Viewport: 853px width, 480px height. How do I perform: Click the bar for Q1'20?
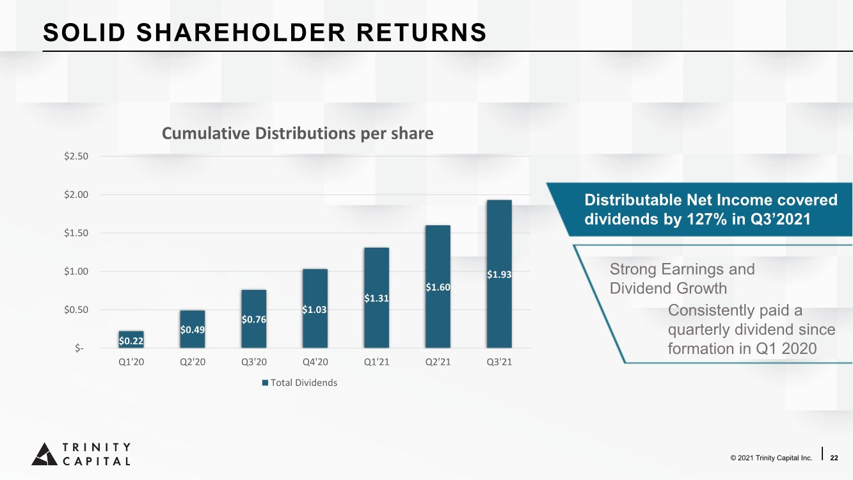(x=131, y=339)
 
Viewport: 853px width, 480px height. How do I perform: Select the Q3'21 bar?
(x=499, y=274)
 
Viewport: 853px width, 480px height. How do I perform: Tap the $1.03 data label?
(x=315, y=310)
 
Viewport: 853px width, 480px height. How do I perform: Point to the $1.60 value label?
(x=438, y=287)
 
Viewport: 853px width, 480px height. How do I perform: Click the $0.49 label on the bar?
(x=193, y=330)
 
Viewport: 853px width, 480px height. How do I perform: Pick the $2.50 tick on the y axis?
(x=76, y=156)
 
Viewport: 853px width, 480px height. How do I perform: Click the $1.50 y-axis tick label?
(x=76, y=233)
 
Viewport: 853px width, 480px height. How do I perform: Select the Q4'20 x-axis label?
(x=315, y=362)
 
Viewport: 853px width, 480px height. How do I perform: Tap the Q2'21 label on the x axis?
(x=438, y=362)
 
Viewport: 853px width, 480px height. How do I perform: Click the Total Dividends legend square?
(x=265, y=383)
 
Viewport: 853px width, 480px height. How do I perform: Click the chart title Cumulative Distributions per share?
(x=298, y=134)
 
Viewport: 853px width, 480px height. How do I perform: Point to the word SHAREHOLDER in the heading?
(x=241, y=33)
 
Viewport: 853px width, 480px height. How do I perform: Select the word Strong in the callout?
(x=633, y=269)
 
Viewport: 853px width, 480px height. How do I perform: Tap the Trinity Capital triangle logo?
(x=45, y=454)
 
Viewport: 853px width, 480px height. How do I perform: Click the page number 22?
(x=834, y=458)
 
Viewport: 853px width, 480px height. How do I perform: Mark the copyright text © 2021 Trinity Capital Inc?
(x=771, y=458)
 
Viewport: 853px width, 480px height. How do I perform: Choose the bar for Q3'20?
(x=253, y=319)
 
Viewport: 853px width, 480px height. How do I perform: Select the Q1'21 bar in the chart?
(x=377, y=298)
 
